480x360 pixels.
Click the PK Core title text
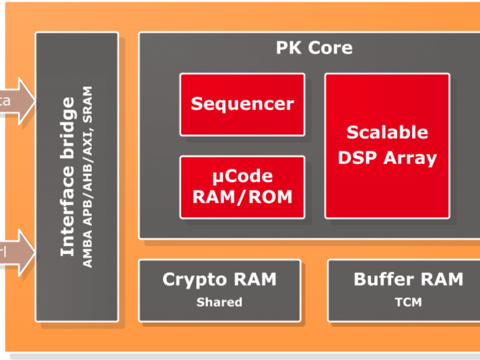(x=314, y=48)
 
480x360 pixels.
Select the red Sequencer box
(x=242, y=104)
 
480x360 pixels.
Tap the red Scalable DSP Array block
(x=387, y=145)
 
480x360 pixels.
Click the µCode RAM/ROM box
(x=242, y=187)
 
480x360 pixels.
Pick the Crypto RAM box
(x=219, y=290)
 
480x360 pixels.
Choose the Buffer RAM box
(x=408, y=290)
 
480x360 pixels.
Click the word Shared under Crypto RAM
(x=219, y=302)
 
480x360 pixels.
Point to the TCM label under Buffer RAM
(x=409, y=302)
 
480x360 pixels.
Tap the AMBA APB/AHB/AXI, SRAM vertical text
(x=88, y=177)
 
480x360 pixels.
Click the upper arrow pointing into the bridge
(x=18, y=100)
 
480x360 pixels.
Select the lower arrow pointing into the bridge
(x=18, y=252)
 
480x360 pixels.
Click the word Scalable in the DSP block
(x=387, y=132)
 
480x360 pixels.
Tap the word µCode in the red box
(x=242, y=176)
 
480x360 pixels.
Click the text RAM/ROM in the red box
(x=242, y=196)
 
